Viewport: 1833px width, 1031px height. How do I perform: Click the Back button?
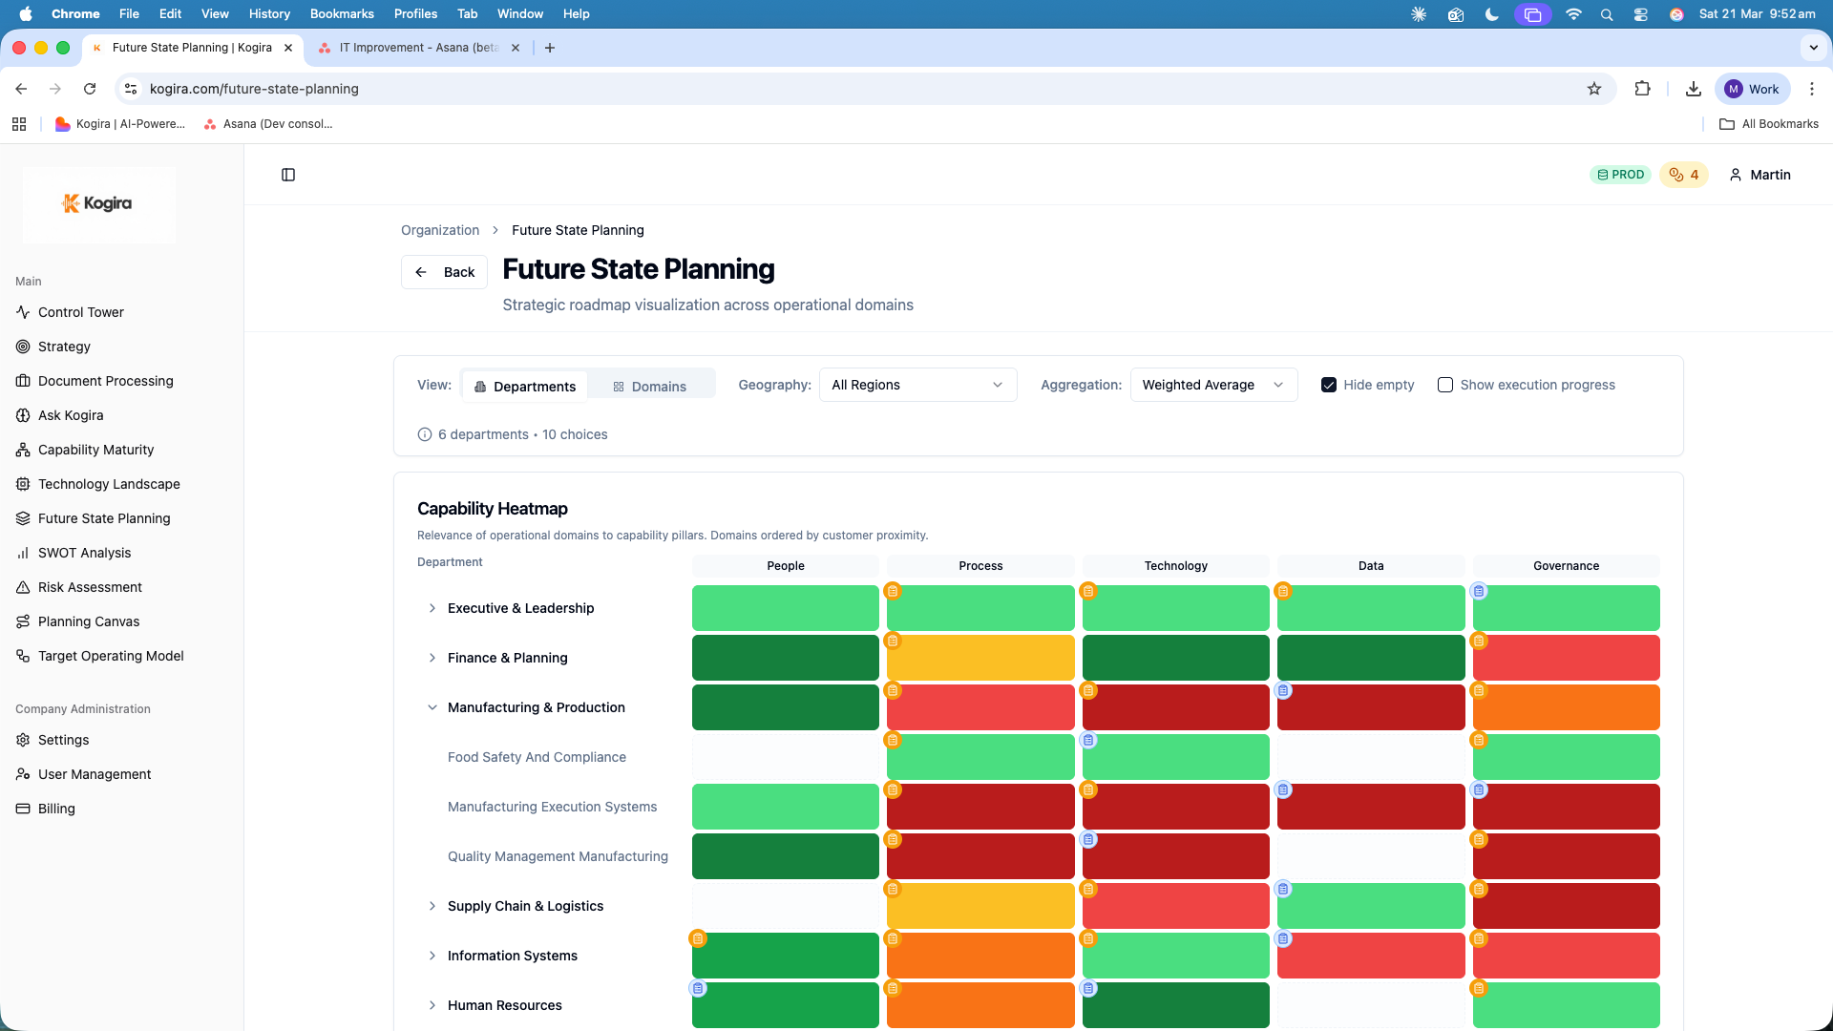click(445, 272)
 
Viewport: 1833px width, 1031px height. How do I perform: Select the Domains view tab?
click(650, 386)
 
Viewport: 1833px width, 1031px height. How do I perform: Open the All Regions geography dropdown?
click(917, 385)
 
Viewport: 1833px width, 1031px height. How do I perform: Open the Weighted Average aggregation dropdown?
click(1212, 385)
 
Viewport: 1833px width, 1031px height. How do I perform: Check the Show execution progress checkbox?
click(1445, 385)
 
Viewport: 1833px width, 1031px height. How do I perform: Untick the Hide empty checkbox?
click(1329, 385)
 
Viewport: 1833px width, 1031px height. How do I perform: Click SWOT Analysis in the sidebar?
click(84, 553)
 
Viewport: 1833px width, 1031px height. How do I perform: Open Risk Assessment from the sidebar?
click(90, 587)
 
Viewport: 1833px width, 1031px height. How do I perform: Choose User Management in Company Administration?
click(95, 774)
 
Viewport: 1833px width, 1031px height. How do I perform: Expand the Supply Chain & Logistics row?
click(432, 906)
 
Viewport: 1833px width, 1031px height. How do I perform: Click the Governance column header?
click(1566, 566)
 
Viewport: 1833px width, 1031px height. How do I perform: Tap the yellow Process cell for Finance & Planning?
click(980, 659)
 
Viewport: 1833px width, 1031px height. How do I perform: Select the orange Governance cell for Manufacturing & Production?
click(1566, 708)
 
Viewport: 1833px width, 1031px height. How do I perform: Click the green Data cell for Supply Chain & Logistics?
click(1371, 907)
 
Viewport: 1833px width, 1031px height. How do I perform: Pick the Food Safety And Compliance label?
click(537, 757)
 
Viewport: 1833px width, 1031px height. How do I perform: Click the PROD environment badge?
click(1620, 175)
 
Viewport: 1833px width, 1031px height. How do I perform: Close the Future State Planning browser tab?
click(288, 48)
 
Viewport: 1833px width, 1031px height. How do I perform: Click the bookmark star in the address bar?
click(1594, 89)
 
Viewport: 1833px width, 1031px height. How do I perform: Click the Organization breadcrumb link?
click(440, 230)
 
